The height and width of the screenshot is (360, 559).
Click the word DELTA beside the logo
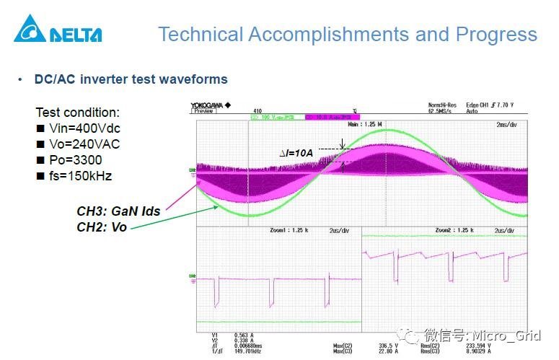(76, 34)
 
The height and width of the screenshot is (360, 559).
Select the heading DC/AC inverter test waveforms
(131, 79)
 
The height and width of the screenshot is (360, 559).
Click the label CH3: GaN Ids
(118, 211)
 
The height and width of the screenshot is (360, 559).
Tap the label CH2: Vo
(102, 227)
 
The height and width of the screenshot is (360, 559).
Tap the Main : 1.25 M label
(364, 124)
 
